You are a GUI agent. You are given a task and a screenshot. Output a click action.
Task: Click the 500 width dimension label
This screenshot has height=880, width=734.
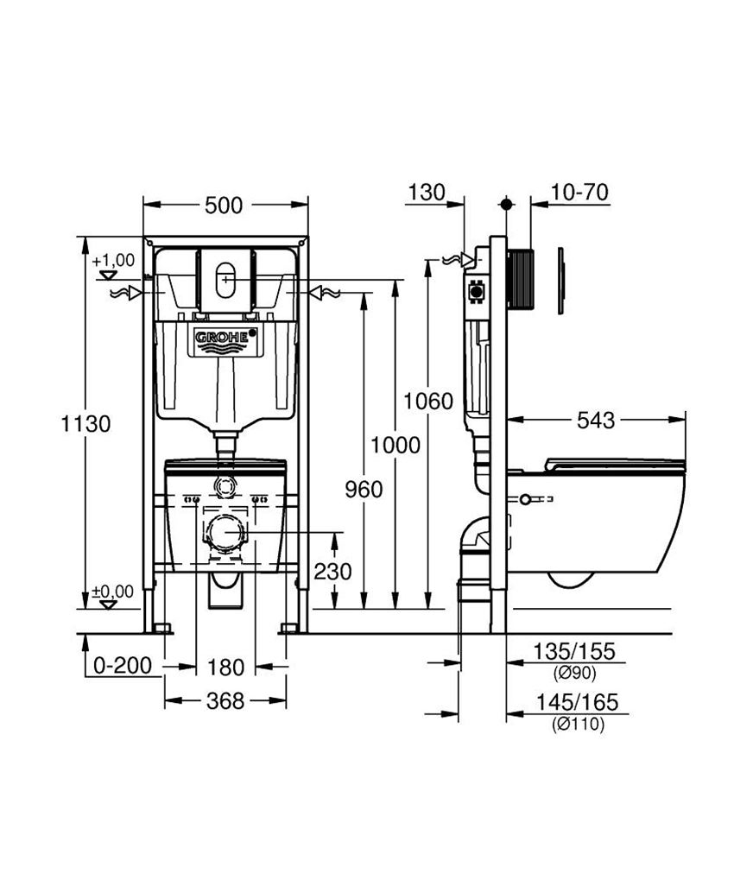(224, 205)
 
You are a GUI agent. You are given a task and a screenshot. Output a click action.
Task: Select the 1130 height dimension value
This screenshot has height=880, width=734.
(85, 424)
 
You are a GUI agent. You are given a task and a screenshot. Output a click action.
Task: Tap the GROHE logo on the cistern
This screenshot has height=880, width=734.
(225, 339)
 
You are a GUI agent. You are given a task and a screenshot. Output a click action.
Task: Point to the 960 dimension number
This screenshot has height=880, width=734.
(364, 490)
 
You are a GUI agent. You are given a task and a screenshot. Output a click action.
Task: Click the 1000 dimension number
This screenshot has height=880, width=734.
(395, 445)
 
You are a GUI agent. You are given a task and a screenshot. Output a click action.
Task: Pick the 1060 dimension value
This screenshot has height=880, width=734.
(428, 401)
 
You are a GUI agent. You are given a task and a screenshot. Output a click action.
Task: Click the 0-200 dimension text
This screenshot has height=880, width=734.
(122, 666)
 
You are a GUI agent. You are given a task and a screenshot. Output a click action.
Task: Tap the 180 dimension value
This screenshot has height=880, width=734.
(225, 667)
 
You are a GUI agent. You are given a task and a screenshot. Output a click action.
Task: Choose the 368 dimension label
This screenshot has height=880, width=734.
(225, 701)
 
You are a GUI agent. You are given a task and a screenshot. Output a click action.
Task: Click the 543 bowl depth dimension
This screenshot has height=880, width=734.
(596, 421)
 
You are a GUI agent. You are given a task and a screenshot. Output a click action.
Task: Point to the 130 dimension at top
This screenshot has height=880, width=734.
(426, 192)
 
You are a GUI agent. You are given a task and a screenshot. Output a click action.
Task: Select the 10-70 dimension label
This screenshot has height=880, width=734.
(579, 192)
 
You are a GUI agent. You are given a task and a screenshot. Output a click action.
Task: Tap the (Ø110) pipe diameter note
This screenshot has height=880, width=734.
(578, 725)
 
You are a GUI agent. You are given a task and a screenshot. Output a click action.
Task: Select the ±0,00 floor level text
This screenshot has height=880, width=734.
(113, 592)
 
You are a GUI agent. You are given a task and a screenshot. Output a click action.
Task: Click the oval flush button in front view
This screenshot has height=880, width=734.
(225, 280)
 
